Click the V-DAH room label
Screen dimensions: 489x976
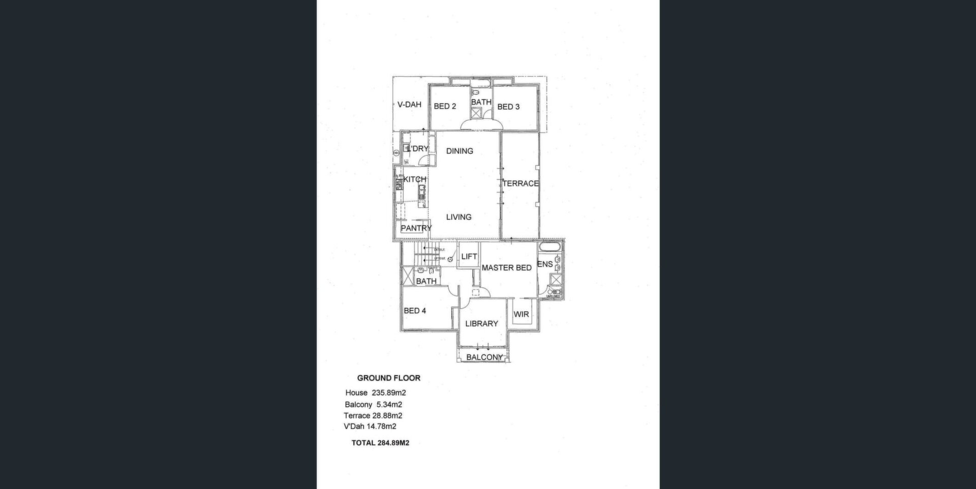click(x=409, y=105)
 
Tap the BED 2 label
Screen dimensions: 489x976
click(x=445, y=107)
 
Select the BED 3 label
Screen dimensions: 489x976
click(x=508, y=107)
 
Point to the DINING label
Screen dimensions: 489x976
click(x=460, y=151)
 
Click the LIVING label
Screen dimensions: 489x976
click(x=459, y=217)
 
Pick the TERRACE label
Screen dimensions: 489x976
click(x=521, y=184)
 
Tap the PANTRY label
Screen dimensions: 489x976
click(x=416, y=229)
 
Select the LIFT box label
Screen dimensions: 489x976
click(x=469, y=257)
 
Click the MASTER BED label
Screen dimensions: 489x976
click(x=506, y=268)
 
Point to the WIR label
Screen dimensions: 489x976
click(x=521, y=315)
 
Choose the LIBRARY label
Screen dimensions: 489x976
click(x=481, y=324)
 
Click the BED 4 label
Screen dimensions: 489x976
click(x=415, y=311)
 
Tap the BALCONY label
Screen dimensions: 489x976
click(x=484, y=357)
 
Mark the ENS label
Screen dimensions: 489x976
click(x=545, y=265)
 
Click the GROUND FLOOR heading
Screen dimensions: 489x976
click(x=388, y=378)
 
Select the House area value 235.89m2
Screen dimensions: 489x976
click(x=388, y=393)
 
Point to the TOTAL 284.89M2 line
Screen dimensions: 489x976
click(x=380, y=443)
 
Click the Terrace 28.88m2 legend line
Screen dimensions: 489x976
click(x=373, y=416)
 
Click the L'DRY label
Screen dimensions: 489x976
click(x=418, y=149)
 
